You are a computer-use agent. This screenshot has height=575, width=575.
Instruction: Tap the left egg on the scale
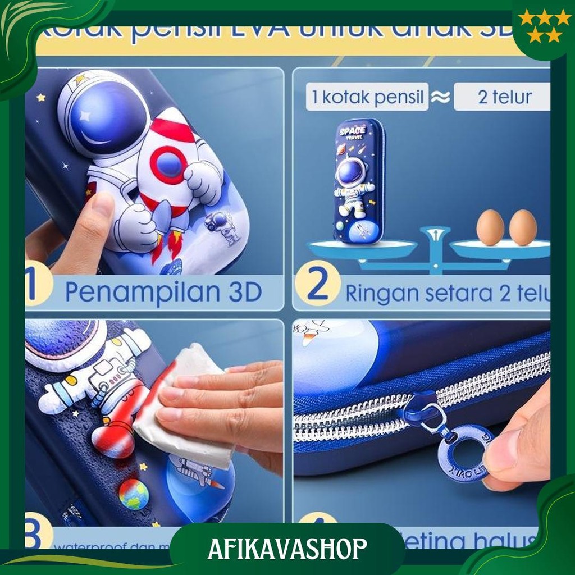[490, 227]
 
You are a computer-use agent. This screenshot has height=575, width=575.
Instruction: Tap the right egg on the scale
[523, 227]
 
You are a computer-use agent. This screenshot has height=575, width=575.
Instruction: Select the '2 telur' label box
[503, 97]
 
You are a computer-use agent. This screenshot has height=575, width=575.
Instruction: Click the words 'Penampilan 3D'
[163, 292]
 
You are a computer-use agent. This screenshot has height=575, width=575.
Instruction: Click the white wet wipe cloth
[185, 404]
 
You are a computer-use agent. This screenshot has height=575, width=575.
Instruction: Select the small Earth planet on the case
[133, 494]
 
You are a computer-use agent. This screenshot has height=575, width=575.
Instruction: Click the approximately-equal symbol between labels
[441, 97]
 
